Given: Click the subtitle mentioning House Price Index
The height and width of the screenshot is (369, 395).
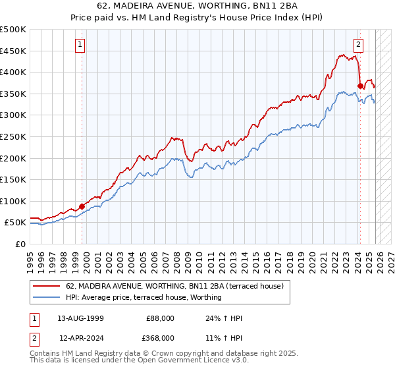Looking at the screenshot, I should (x=197, y=17).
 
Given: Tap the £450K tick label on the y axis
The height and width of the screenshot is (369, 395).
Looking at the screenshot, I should (x=13, y=51).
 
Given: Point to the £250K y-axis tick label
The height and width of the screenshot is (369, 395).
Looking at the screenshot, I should (x=13, y=136).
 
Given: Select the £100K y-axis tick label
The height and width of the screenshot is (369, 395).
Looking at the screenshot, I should (x=13, y=201).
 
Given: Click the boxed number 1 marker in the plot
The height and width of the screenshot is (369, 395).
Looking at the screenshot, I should (x=80, y=45).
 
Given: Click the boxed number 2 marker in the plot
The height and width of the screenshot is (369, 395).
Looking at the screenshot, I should (x=359, y=45).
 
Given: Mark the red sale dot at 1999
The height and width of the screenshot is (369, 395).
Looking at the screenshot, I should (x=82, y=206).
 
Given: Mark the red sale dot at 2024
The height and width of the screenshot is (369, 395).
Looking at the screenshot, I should (x=360, y=86).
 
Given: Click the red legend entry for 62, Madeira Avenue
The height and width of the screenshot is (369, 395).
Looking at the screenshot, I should (x=174, y=286).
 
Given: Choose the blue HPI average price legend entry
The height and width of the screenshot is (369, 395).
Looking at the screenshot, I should (x=144, y=297).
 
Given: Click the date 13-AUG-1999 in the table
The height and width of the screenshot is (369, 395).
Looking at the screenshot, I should (x=81, y=318).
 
